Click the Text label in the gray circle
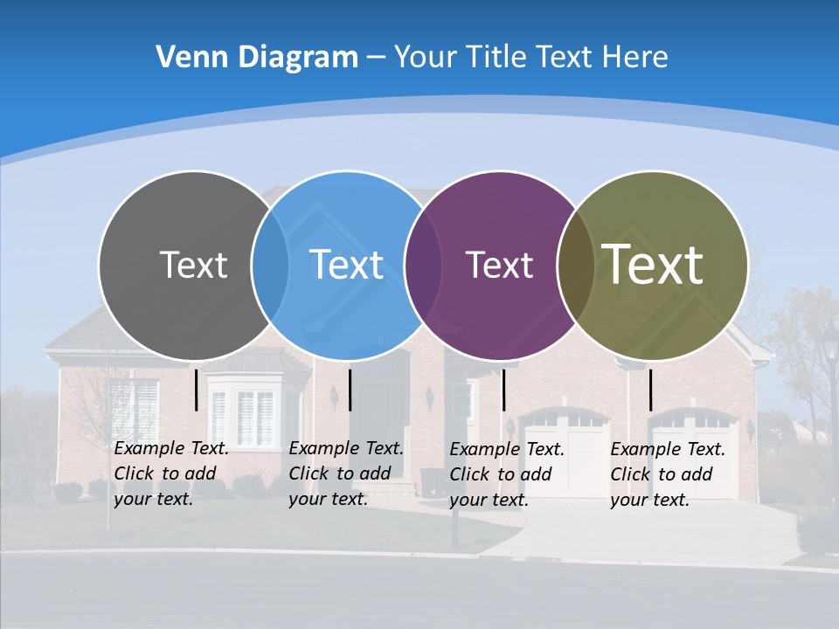(193, 265)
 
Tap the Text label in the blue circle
(346, 265)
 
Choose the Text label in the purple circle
(499, 265)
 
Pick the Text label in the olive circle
(653, 264)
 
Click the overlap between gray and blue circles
(270, 265)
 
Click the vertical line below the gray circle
(196, 390)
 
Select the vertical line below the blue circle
(350, 390)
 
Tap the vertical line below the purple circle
(503, 390)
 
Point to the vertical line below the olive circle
(650, 390)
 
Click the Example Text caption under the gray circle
(171, 473)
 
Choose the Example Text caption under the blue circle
(346, 473)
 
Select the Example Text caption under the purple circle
(507, 474)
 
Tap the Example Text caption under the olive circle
(668, 474)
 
